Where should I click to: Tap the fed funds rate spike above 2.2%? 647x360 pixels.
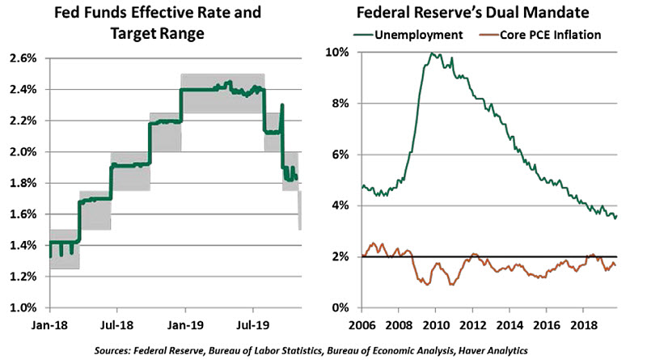(281, 105)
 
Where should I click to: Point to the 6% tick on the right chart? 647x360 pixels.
(339, 155)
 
